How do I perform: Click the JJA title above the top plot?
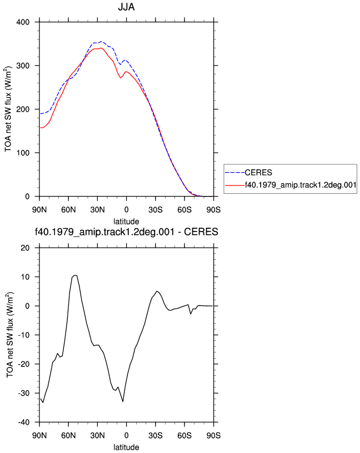pyautogui.click(x=126, y=7)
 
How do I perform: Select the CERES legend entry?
pyautogui.click(x=258, y=173)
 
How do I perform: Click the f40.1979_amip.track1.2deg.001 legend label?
pyautogui.click(x=301, y=185)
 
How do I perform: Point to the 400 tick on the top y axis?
pyautogui.click(x=23, y=22)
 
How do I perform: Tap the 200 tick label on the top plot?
pyautogui.click(x=23, y=109)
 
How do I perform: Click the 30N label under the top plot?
pyautogui.click(x=97, y=210)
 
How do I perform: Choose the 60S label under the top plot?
pyautogui.click(x=184, y=210)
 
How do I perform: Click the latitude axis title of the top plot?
pyautogui.click(x=126, y=222)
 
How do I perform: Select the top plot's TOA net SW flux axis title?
pyautogui.click(x=8, y=109)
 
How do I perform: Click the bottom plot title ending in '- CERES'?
pyautogui.click(x=126, y=231)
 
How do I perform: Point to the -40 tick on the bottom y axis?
pyautogui.click(x=24, y=422)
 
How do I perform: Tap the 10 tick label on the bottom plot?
pyautogui.click(x=25, y=277)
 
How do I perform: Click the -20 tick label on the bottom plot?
pyautogui.click(x=24, y=364)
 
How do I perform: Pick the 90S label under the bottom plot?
pyautogui.click(x=213, y=436)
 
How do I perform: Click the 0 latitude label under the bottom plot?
pyautogui.click(x=126, y=436)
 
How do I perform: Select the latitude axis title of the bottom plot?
pyautogui.click(x=126, y=447)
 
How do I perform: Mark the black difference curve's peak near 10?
pyautogui.click(x=75, y=275)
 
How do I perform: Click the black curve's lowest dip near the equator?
pyautogui.click(x=123, y=401)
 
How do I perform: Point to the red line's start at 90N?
pyautogui.click(x=40, y=128)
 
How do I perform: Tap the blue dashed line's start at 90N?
pyautogui.click(x=40, y=114)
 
